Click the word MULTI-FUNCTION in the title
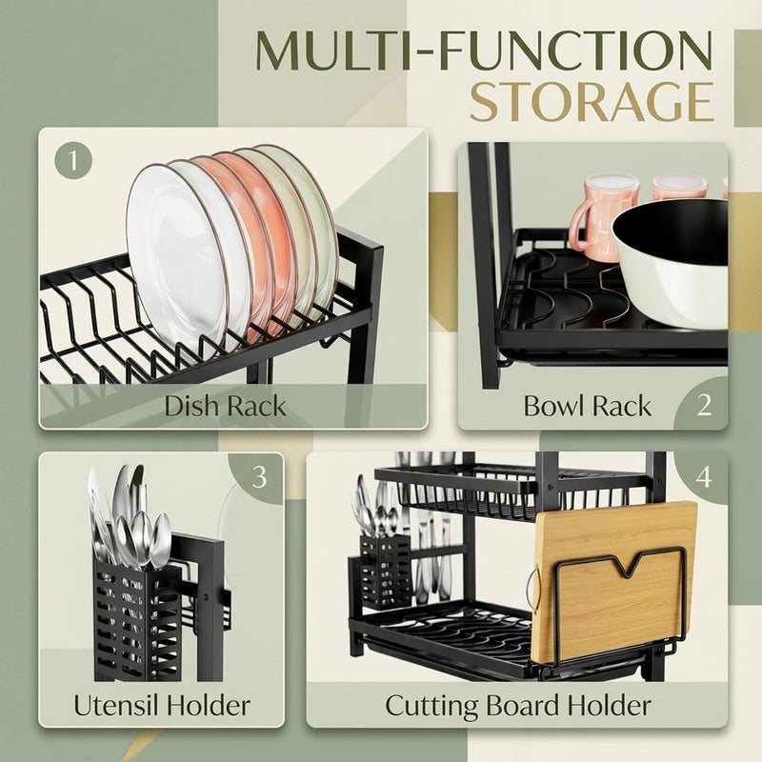click(x=484, y=51)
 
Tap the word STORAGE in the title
click(x=592, y=103)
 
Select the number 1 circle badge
click(x=73, y=160)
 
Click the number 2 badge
click(x=704, y=406)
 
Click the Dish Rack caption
click(x=225, y=406)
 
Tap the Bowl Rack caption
click(x=587, y=406)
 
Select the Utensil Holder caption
click(x=162, y=705)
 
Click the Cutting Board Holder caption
click(x=517, y=705)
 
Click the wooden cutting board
click(x=614, y=583)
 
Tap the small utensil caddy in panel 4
click(x=385, y=571)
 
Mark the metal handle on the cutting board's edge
click(x=534, y=591)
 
